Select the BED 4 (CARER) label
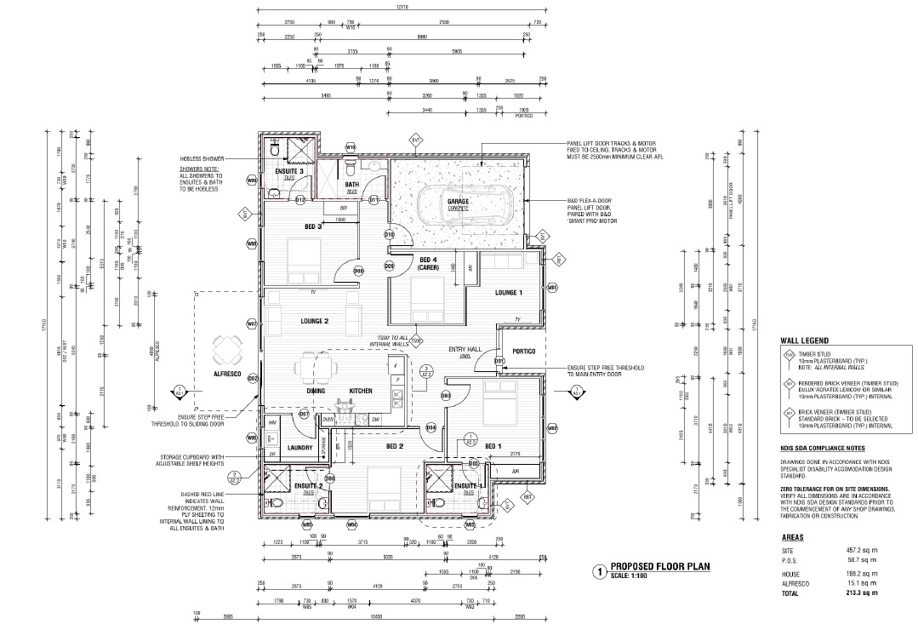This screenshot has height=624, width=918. click(427, 263)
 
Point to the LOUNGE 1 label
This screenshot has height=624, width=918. click(509, 292)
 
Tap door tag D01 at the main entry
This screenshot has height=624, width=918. click(499, 361)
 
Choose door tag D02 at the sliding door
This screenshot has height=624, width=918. click(253, 379)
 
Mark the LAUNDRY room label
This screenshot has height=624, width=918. click(299, 447)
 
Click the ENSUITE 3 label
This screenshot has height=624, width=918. click(289, 172)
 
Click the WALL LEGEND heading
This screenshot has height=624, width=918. click(805, 340)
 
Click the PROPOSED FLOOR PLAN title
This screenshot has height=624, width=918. click(659, 566)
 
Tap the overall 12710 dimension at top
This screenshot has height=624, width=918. click(402, 7)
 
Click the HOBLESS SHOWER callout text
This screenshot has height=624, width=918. click(202, 159)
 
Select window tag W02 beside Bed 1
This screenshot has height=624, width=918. click(552, 427)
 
